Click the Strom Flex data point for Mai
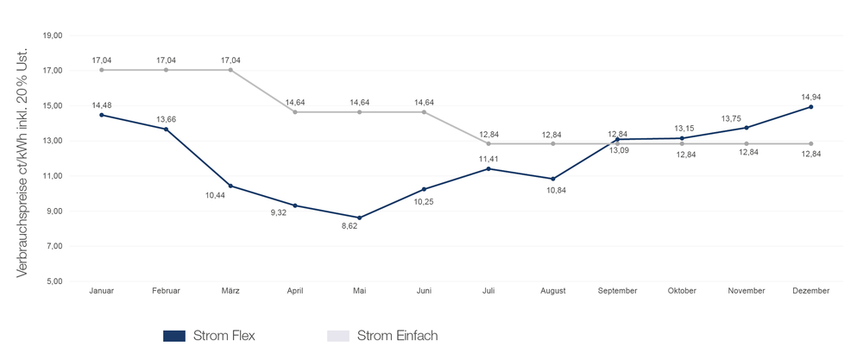tap(360, 218)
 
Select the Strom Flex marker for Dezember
tap(811, 107)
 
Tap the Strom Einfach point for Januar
tap(102, 70)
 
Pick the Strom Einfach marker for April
tap(295, 112)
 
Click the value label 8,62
tap(350, 226)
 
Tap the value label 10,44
tap(216, 195)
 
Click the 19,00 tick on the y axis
tap(52, 35)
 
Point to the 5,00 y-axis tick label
tap(54, 281)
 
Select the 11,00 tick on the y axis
tap(52, 176)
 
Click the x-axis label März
tap(230, 292)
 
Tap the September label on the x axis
tap(618, 292)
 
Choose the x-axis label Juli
tap(488, 292)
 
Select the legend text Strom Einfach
tap(397, 336)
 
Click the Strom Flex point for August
tap(553, 179)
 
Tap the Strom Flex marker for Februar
tap(166, 129)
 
